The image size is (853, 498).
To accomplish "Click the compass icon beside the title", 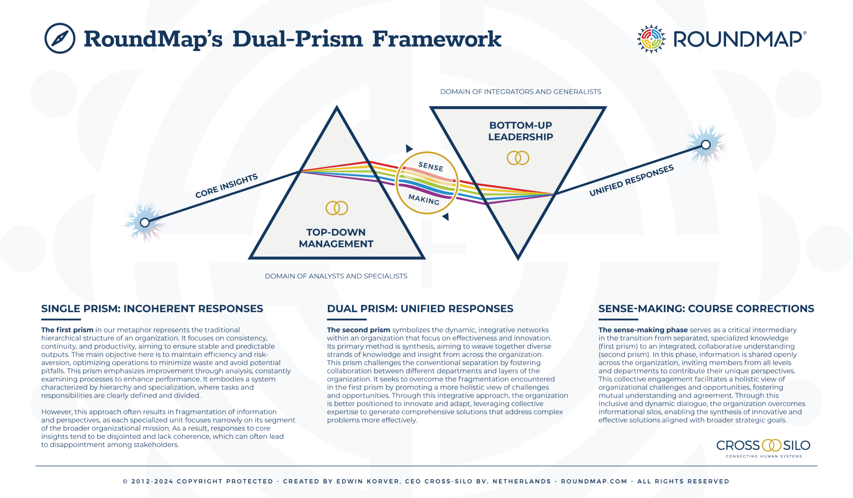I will coord(60,38).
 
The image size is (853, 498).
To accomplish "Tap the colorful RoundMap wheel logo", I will coord(651,39).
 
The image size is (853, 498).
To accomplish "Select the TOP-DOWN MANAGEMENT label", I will coord(336,238).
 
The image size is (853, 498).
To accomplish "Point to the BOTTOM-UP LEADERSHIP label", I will coord(521,131).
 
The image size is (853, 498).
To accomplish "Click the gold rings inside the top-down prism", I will coord(337,208).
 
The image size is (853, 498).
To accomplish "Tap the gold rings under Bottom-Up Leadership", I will coord(518,158).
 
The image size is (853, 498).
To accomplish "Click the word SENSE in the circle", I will coord(431,167).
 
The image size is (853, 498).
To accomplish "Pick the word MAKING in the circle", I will coord(424,199).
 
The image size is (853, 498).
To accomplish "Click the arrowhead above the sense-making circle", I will coord(409,148).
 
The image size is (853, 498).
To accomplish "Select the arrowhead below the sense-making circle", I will coord(446,216).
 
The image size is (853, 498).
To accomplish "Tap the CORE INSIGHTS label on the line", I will coord(227,185).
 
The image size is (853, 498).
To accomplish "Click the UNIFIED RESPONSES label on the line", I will coord(631,180).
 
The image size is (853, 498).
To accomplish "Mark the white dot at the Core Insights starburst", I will coord(145,223).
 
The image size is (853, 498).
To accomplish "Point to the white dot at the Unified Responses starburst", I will coord(706,145).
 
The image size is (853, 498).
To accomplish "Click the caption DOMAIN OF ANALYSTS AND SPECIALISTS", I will coord(336,276).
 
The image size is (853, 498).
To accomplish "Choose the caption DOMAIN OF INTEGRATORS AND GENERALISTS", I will coord(521,92).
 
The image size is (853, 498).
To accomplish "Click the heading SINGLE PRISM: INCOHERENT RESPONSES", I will coord(152,308).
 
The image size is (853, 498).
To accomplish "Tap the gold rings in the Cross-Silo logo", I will coord(771,445).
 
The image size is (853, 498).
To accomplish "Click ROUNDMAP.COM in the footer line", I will coord(594,481).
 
